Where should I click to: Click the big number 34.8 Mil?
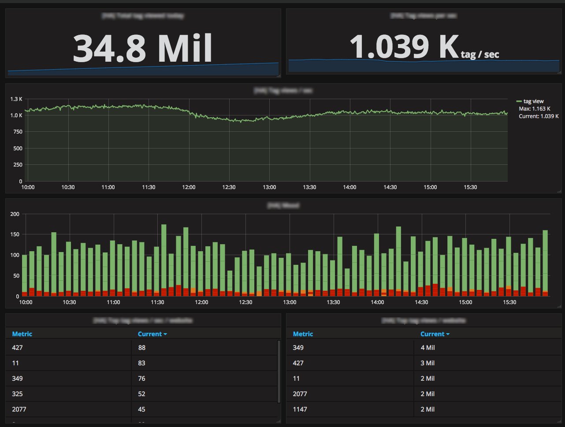142,48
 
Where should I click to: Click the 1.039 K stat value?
404,47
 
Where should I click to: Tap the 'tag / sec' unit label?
480,54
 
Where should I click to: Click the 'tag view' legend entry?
533,101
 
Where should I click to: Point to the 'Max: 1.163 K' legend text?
535,109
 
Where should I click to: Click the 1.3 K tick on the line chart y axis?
16,99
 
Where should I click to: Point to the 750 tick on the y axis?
18,132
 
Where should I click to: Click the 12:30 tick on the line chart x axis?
229,187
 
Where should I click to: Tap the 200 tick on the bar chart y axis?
15,214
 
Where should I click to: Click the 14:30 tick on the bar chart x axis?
421,302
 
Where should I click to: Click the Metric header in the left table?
22,334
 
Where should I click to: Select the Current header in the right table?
435,334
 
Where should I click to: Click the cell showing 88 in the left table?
141,348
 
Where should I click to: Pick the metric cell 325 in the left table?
18,394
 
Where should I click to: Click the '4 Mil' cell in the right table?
427,348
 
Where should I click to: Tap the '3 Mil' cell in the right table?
427,363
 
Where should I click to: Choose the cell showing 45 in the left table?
141,409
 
